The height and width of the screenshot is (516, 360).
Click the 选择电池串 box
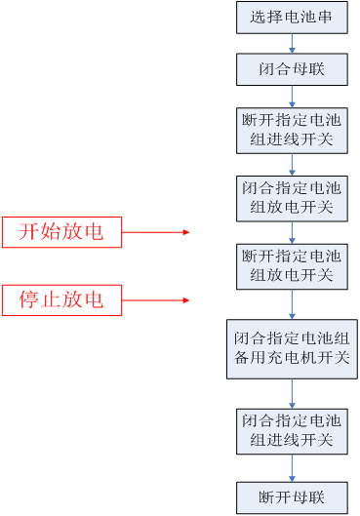292,17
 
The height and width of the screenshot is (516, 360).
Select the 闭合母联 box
292,69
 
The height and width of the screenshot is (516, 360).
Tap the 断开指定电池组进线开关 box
292,130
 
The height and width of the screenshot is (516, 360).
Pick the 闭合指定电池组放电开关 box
292,198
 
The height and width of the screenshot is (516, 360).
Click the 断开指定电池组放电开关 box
292,265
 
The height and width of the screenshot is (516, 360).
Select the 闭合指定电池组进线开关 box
292,430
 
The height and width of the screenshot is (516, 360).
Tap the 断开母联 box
292,496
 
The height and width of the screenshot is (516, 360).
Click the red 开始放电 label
61,232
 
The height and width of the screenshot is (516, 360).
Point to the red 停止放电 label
61,299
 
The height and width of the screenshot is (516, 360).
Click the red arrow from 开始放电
155,232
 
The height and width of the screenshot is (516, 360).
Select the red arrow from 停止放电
155,299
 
